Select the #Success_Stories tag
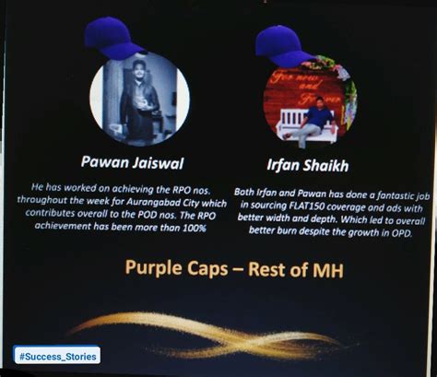(x=56, y=355)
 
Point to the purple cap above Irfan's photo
(x=283, y=45)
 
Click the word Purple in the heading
(x=157, y=269)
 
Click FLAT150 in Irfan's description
(x=310, y=206)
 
